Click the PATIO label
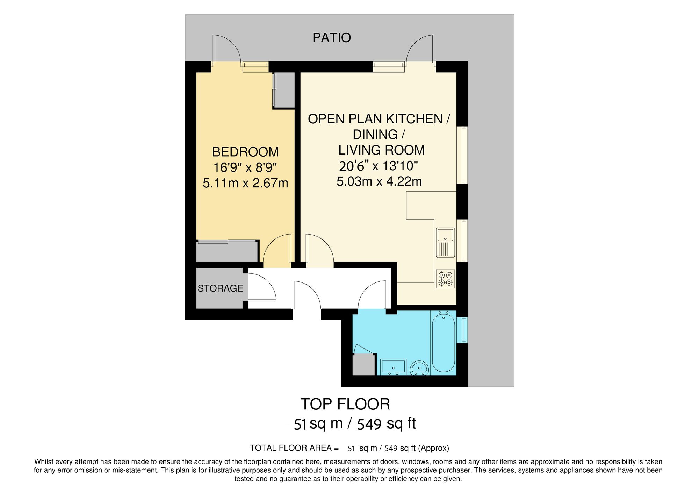click(331, 38)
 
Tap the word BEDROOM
click(245, 152)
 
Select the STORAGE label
click(220, 288)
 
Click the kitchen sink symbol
click(445, 242)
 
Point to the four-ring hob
click(445, 279)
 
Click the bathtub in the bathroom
click(443, 343)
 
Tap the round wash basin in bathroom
click(419, 368)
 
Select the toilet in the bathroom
click(393, 367)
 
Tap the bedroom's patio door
click(226, 49)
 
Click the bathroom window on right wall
click(464, 330)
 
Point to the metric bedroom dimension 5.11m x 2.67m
click(245, 183)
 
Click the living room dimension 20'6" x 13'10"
click(379, 166)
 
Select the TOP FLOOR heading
click(345, 404)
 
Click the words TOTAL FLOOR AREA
click(291, 448)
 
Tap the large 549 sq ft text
click(386, 424)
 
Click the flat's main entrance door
click(307, 295)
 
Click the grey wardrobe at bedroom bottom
click(227, 252)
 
